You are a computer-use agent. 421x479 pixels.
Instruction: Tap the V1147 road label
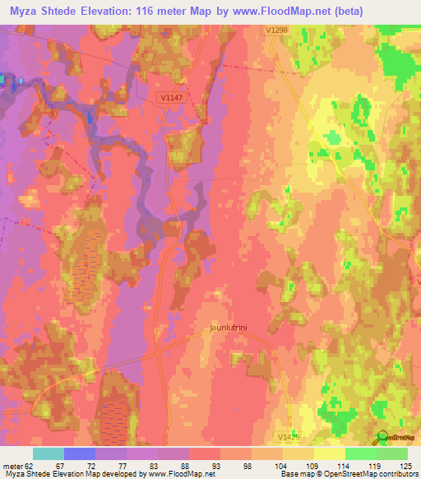click(171, 96)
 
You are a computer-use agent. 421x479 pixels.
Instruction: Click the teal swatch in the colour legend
click(49, 453)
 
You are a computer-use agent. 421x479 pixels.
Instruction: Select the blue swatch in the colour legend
click(80, 453)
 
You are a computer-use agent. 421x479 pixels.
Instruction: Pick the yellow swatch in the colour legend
click(330, 453)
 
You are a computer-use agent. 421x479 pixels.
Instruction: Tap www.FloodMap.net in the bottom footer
click(173, 474)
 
